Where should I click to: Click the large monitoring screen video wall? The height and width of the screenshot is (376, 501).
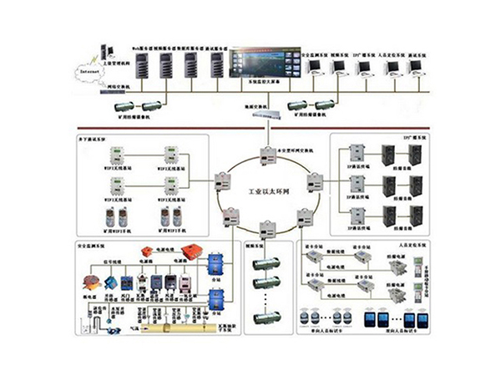click(261, 64)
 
